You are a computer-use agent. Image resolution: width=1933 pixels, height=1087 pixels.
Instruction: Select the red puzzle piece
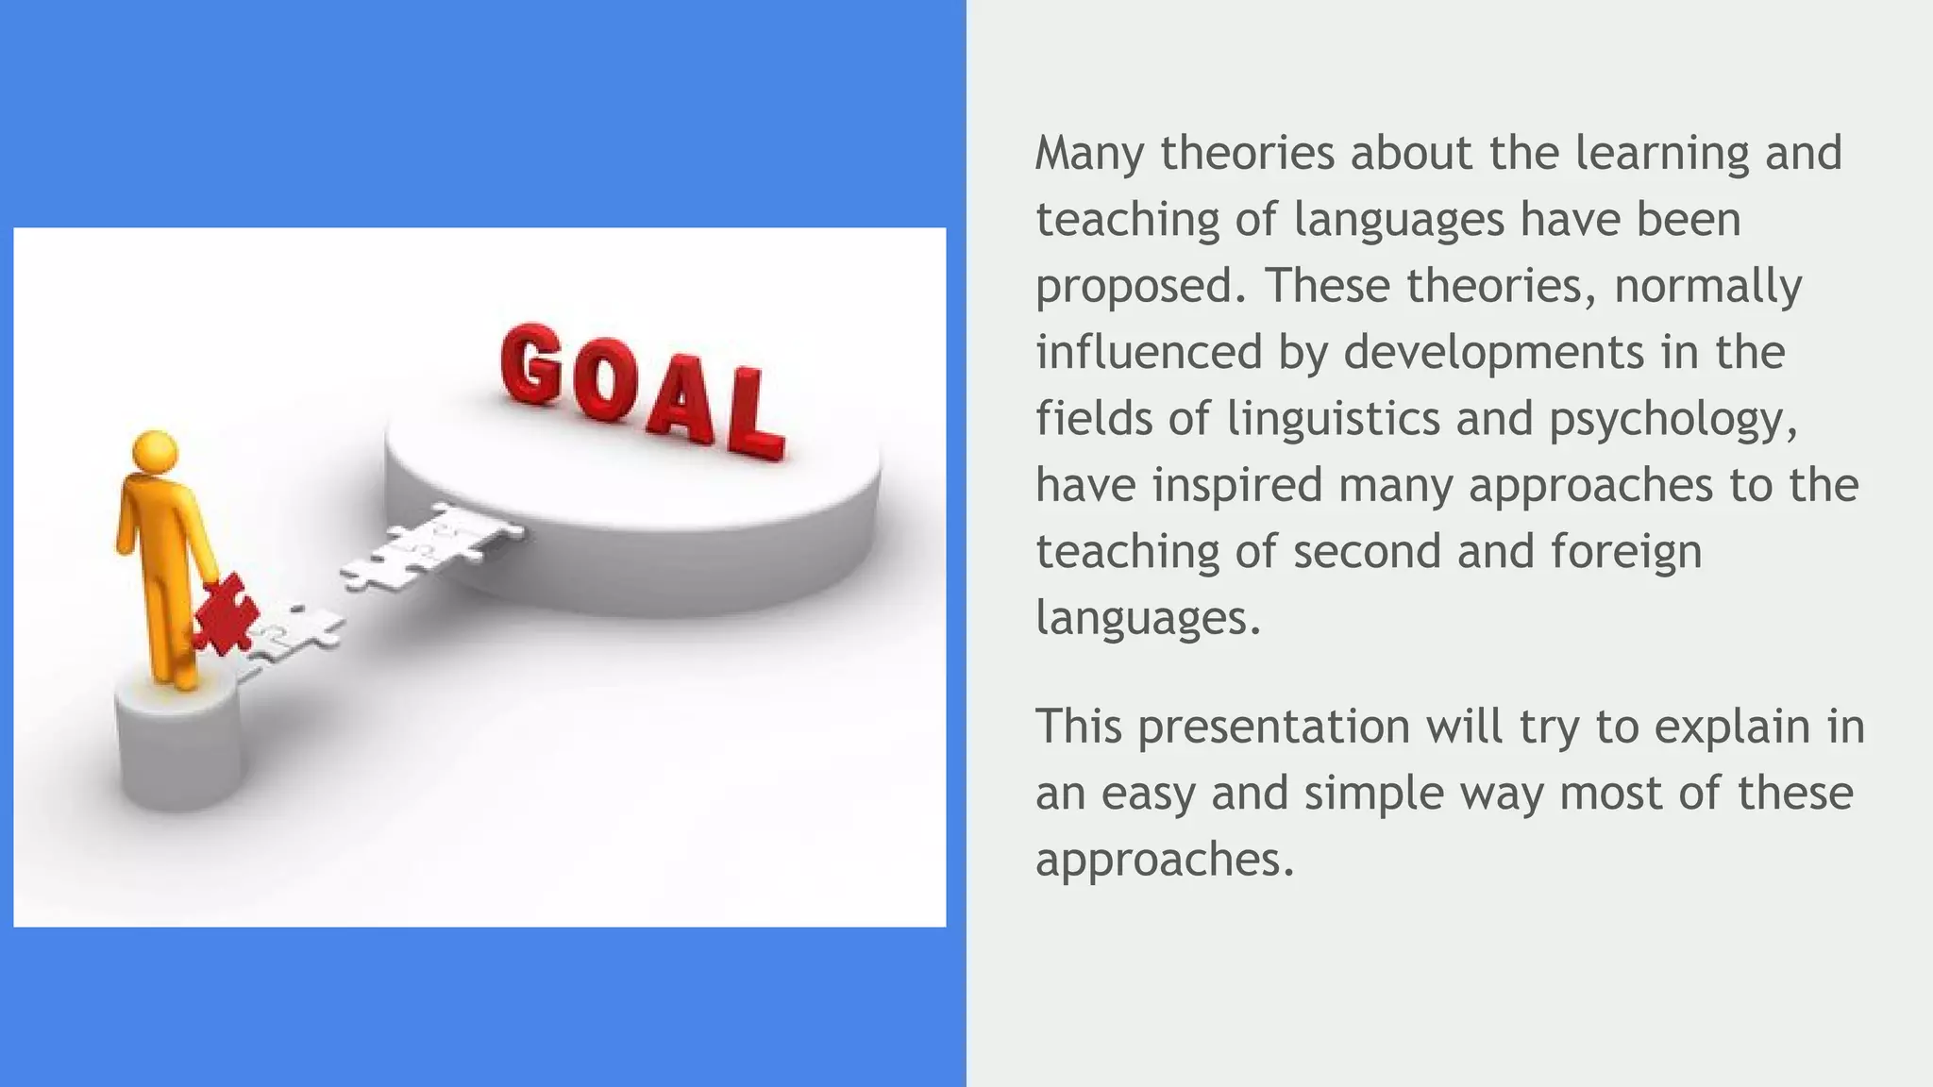(225, 615)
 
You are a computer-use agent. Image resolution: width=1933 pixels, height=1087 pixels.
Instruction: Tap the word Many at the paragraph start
(1089, 154)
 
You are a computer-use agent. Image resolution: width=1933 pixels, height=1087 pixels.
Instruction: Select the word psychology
(1672, 420)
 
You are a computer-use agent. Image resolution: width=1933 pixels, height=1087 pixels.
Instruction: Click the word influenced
(1149, 352)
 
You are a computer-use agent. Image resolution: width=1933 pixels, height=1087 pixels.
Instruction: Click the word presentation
(1273, 727)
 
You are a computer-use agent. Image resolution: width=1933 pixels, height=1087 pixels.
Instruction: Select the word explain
(1729, 727)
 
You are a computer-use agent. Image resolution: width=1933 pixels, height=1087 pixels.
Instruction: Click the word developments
(1493, 352)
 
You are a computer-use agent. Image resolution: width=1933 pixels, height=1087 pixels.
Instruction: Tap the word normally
(1707, 287)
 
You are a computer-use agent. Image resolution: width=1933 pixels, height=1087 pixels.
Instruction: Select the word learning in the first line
(1661, 154)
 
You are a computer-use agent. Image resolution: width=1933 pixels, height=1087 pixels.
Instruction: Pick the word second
(1367, 552)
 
